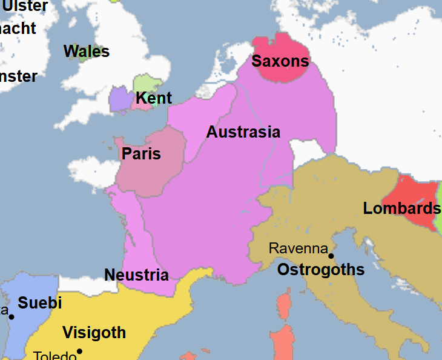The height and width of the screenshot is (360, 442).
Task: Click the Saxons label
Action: (280, 61)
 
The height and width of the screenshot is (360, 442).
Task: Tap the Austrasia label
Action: (243, 132)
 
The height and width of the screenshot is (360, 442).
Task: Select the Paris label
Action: (141, 154)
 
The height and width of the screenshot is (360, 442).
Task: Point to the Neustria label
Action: (136, 275)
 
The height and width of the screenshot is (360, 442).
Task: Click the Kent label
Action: (154, 98)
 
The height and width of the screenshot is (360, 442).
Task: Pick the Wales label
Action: (87, 52)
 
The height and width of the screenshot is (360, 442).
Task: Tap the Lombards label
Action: (401, 209)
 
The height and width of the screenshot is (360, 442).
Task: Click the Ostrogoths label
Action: (321, 270)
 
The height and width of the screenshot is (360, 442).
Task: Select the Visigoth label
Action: (94, 333)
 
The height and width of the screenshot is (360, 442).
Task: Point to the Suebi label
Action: (40, 303)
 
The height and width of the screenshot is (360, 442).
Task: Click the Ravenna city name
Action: (298, 248)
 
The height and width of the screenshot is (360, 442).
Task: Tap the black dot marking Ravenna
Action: (331, 256)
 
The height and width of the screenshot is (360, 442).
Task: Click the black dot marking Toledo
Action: (79, 352)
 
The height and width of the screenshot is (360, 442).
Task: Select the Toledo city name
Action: (54, 355)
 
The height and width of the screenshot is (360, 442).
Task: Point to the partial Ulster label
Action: (25, 6)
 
